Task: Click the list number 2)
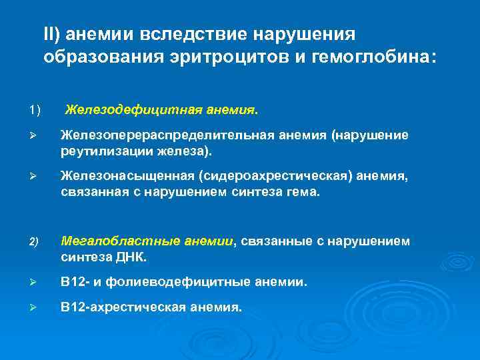click(x=35, y=241)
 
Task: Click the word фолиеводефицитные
click(x=178, y=282)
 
